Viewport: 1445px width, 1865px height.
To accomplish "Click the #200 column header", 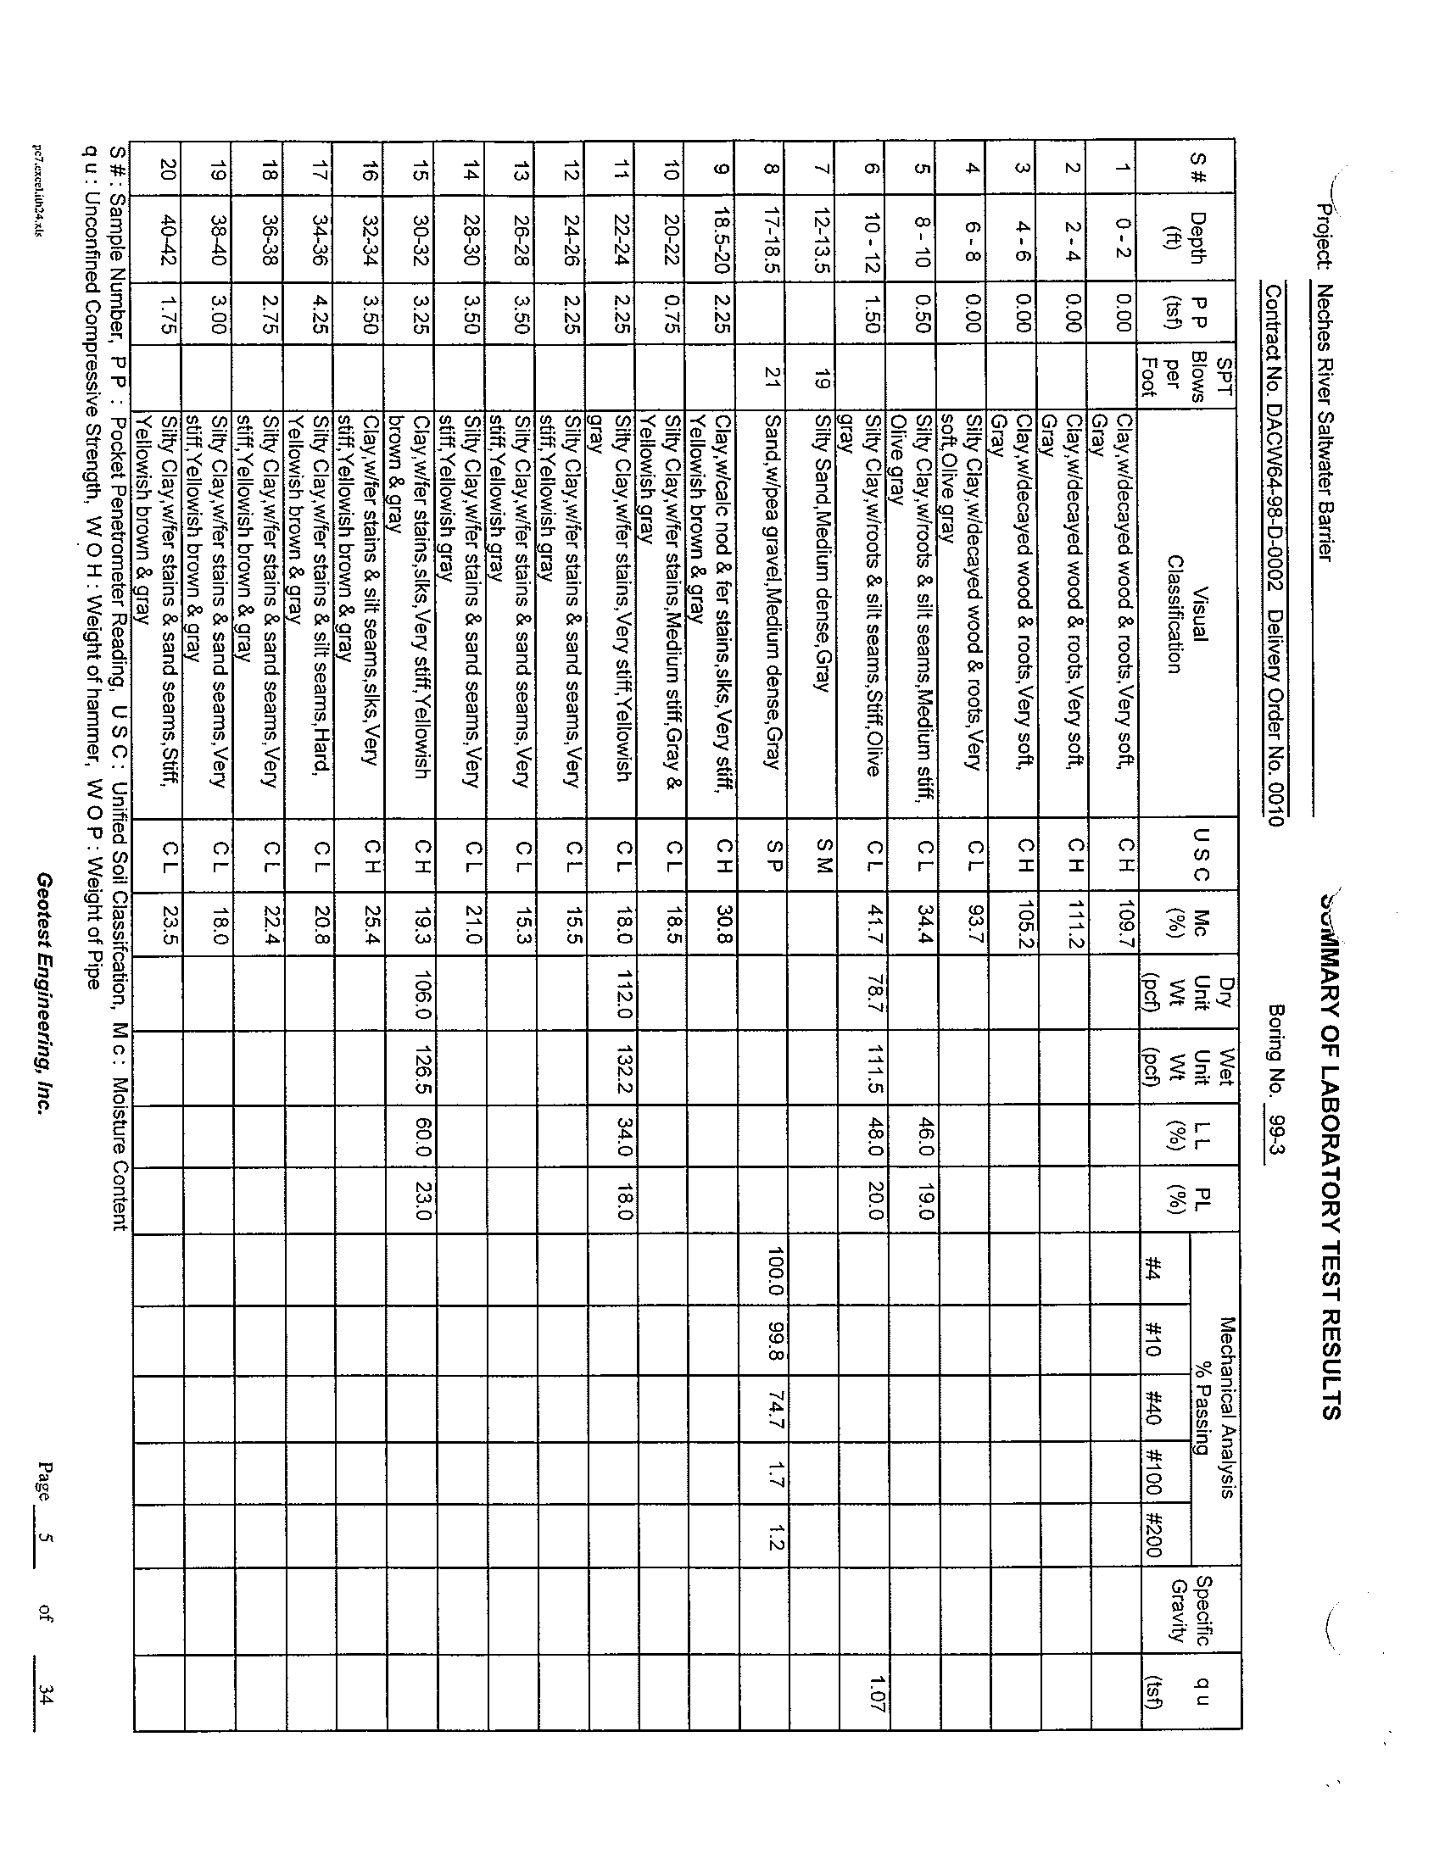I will pos(1154,1538).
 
